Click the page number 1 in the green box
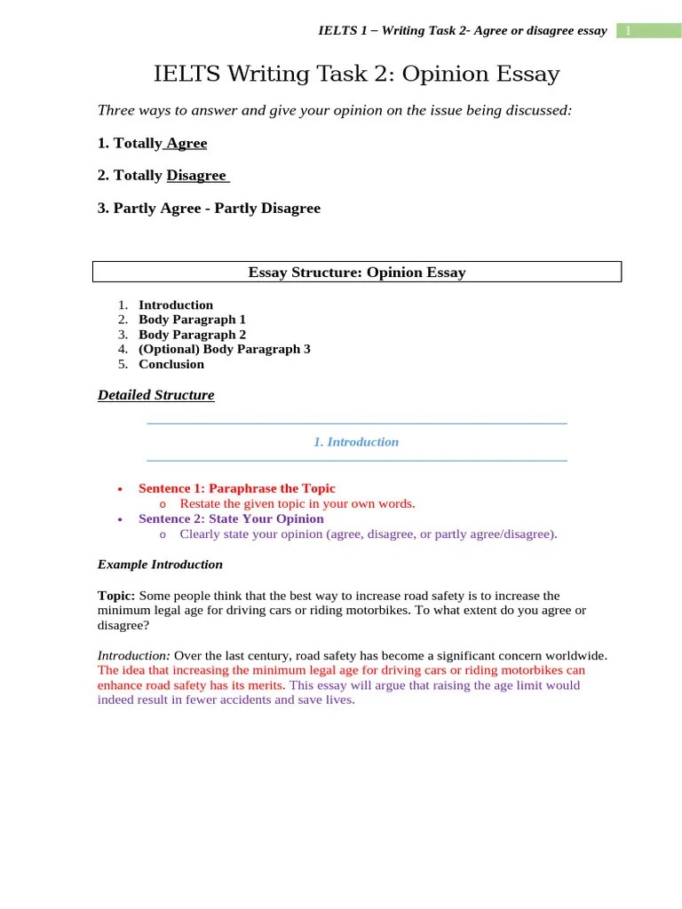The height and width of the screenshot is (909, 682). click(628, 31)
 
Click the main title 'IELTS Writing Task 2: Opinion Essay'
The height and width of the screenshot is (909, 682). click(356, 74)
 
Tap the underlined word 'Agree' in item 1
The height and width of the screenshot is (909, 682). click(186, 143)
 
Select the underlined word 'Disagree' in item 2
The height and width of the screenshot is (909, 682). click(196, 176)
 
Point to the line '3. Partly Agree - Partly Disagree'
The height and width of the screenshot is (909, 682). click(209, 209)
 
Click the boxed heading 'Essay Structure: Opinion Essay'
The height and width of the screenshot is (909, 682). click(356, 273)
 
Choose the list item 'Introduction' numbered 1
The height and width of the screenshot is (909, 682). click(176, 304)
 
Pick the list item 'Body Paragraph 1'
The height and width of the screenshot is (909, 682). click(192, 320)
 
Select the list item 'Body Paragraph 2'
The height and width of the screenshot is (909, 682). click(192, 335)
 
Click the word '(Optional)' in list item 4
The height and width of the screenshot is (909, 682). click(169, 349)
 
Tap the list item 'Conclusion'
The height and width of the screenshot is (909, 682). click(171, 364)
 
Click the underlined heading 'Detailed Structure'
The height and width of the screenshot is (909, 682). click(156, 395)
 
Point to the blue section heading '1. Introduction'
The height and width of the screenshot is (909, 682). click(356, 442)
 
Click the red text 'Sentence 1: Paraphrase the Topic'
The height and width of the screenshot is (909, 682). click(237, 488)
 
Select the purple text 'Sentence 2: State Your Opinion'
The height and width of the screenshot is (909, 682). click(231, 518)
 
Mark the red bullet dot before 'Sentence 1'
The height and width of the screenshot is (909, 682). click(119, 489)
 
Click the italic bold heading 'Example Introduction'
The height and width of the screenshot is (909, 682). click(160, 565)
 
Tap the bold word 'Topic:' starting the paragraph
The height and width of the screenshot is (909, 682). click(116, 596)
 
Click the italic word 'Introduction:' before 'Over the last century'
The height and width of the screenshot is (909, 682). click(133, 655)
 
